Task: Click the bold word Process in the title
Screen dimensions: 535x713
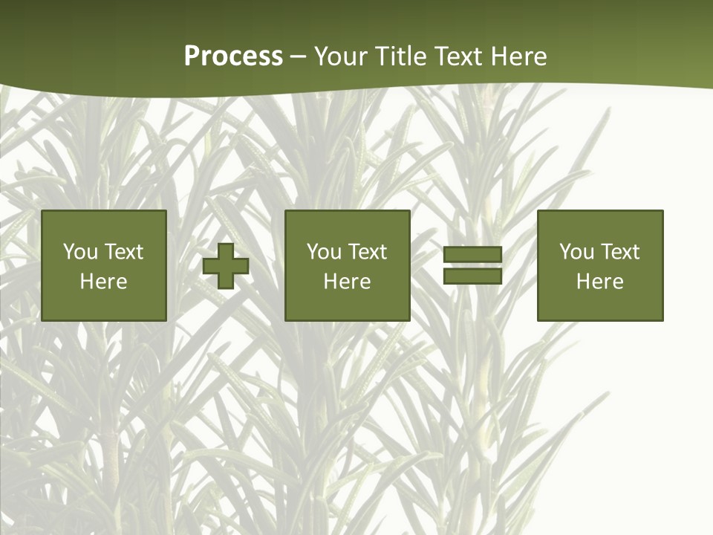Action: click(233, 56)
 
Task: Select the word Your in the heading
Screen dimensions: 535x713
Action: click(340, 56)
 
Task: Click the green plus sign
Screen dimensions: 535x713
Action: click(226, 266)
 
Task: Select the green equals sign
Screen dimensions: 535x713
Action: click(472, 266)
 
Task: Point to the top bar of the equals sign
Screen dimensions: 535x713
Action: click(472, 255)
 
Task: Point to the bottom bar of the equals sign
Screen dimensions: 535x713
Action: click(472, 276)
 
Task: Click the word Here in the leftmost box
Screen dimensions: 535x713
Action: click(104, 282)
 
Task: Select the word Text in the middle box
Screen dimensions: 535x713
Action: click(367, 252)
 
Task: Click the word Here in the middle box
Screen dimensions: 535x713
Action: click(348, 282)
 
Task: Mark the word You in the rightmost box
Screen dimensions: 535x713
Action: click(576, 252)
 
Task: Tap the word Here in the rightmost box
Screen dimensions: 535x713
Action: click(600, 282)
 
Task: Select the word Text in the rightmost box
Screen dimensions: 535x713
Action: click(619, 252)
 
